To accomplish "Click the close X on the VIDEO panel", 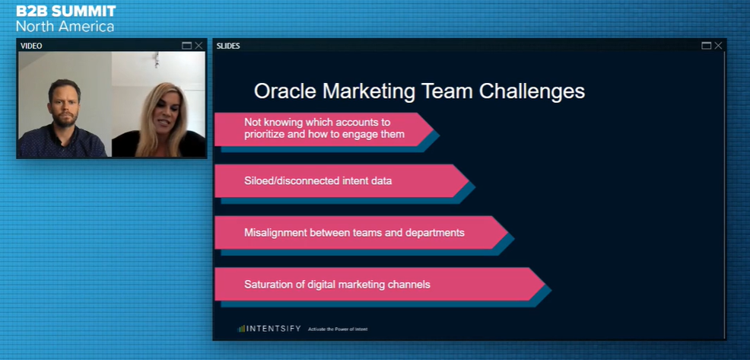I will (x=199, y=46).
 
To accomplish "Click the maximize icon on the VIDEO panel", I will (x=187, y=46).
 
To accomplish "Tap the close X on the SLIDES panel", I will (x=718, y=46).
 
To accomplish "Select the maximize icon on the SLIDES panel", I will (x=706, y=46).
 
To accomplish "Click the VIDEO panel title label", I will (x=31, y=46).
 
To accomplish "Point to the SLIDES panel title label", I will (x=228, y=46).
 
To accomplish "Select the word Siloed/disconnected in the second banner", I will (x=292, y=181).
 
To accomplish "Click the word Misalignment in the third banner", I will (x=275, y=232).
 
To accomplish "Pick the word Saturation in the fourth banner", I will (x=268, y=284).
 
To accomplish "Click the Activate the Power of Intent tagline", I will (x=338, y=330).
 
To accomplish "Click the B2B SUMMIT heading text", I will (x=66, y=11).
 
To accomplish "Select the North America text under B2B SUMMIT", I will (x=65, y=26).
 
